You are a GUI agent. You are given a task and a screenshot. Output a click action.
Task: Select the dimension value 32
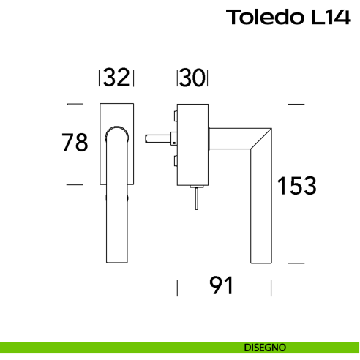click(116, 78)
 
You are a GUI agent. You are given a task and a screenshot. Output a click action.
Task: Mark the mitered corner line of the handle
click(260, 138)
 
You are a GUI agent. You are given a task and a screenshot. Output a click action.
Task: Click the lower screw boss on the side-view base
click(176, 161)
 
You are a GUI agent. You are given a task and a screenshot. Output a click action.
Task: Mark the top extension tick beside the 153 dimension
click(296, 105)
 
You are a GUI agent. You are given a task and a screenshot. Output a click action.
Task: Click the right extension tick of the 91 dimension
click(272, 287)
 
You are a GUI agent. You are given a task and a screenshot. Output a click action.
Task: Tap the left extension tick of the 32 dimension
click(99, 78)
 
